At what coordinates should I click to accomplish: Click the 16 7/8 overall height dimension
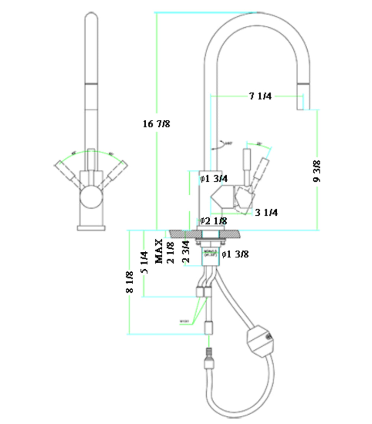[157, 124]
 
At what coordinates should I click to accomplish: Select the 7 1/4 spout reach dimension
[260, 96]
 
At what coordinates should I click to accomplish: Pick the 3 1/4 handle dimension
[266, 213]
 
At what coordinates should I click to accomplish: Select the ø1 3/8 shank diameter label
[235, 254]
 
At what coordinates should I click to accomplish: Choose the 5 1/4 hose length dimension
[144, 263]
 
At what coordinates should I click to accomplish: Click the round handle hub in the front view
[92, 197]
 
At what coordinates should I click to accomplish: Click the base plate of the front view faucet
[92, 228]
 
